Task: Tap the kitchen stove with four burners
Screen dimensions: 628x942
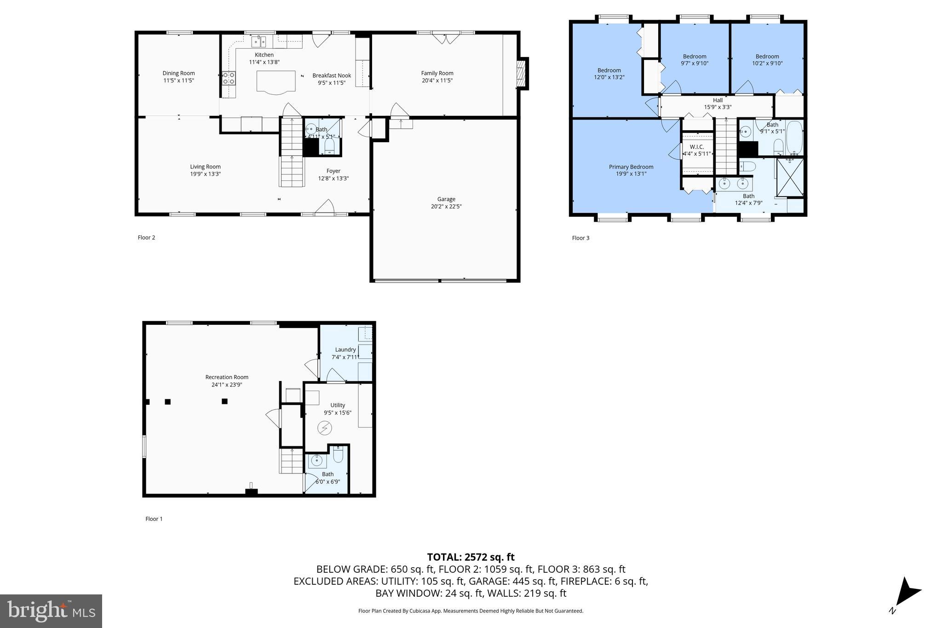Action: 229,79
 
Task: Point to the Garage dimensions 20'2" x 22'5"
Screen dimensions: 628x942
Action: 446,207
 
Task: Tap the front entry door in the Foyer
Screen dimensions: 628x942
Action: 325,208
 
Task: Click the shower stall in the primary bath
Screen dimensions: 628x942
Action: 790,177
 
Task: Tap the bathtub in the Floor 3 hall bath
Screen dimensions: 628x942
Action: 794,137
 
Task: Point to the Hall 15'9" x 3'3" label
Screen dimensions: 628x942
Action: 718,104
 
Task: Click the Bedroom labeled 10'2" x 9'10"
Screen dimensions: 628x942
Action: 767,60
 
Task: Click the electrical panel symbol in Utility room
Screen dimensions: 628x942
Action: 324,428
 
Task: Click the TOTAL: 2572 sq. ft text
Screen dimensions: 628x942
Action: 471,558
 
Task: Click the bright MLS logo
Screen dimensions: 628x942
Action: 51,611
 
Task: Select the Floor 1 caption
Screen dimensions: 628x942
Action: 154,519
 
